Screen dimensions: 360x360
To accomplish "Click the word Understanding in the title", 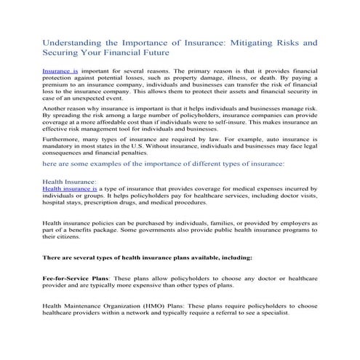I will coord(70,43).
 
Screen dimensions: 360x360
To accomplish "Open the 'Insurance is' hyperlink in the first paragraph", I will coord(60,73).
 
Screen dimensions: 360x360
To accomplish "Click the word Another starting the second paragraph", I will coord(57,115).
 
